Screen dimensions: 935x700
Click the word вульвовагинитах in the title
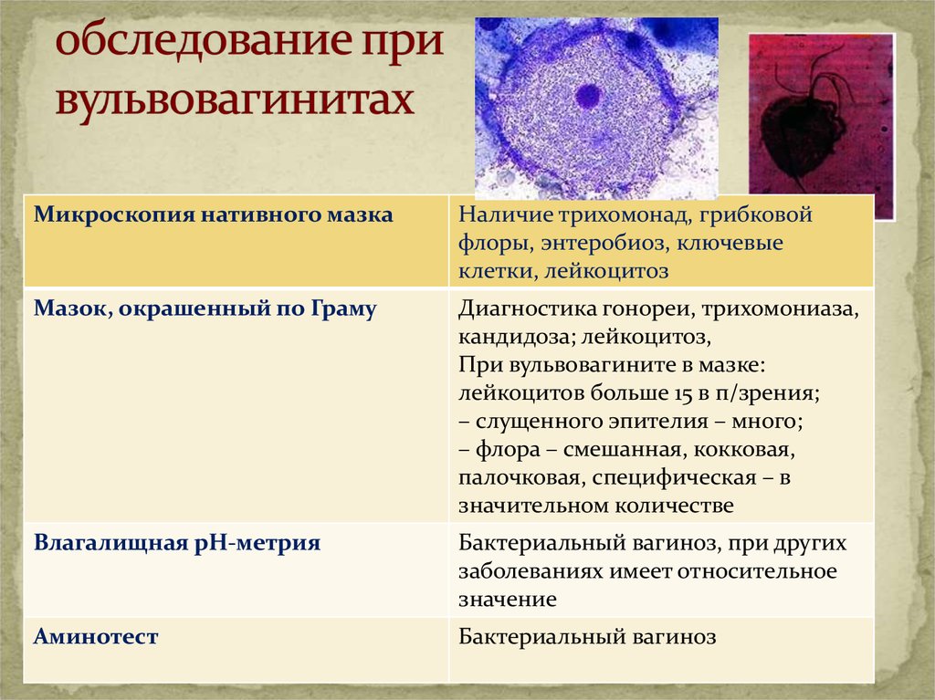pos(235,100)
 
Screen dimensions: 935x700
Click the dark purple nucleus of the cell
pos(588,96)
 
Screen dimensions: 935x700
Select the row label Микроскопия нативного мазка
pos(213,214)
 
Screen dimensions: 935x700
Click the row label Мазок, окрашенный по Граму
pos(205,308)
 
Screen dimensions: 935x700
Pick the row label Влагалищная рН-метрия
pos(177,543)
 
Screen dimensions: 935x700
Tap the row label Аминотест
pos(96,636)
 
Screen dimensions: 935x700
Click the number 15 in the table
pos(694,393)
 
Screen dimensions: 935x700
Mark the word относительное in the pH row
pos(757,571)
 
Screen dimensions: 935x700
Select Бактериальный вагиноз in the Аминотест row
pos(587,637)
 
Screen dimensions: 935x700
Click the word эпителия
pos(657,422)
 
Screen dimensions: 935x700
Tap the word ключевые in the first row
pos(730,244)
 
